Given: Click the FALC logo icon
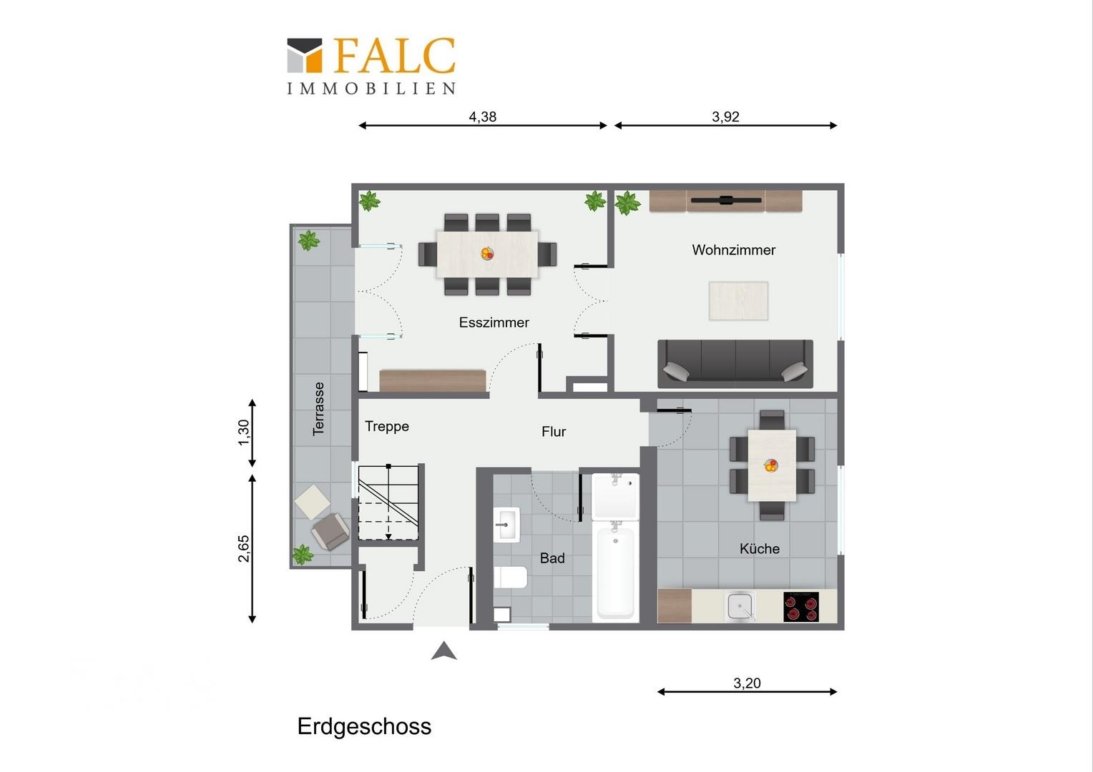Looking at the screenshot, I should pos(304,55).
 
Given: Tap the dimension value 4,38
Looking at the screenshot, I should pos(483,117).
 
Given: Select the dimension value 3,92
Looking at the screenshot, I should pos(725,117).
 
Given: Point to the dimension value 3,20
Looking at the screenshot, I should pos(747,683).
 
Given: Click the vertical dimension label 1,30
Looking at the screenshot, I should pos(244,432).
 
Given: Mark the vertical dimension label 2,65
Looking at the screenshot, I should pos(244,548).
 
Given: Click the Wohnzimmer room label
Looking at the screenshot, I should pos(733,250).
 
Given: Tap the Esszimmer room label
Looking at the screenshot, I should pos(494,322).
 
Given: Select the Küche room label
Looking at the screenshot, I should pos(759,549).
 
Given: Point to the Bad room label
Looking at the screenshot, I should pos(552,558).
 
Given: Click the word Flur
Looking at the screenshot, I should pos(554,432).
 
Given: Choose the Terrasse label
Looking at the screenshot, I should pos(319,408).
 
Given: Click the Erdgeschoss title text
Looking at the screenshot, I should pos(364,726).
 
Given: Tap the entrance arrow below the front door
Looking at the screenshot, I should pos(444,650).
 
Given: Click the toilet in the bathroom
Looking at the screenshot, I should pos(511,576).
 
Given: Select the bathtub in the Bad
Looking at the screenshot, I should pos(615,570).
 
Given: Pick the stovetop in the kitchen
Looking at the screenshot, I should pos(800,607).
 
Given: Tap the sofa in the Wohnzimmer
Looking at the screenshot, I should pos(735,363).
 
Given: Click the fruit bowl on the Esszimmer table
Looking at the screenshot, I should pos(487,253).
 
